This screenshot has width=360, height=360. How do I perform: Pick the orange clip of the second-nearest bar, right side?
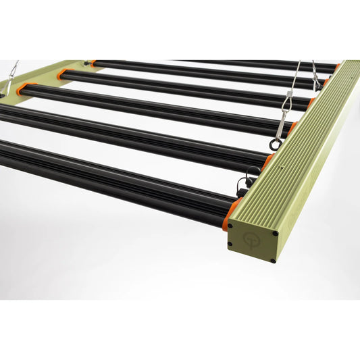269,160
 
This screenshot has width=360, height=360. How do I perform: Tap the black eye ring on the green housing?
275,143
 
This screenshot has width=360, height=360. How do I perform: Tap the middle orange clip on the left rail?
62,73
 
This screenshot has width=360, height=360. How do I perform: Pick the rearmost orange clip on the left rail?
89,63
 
